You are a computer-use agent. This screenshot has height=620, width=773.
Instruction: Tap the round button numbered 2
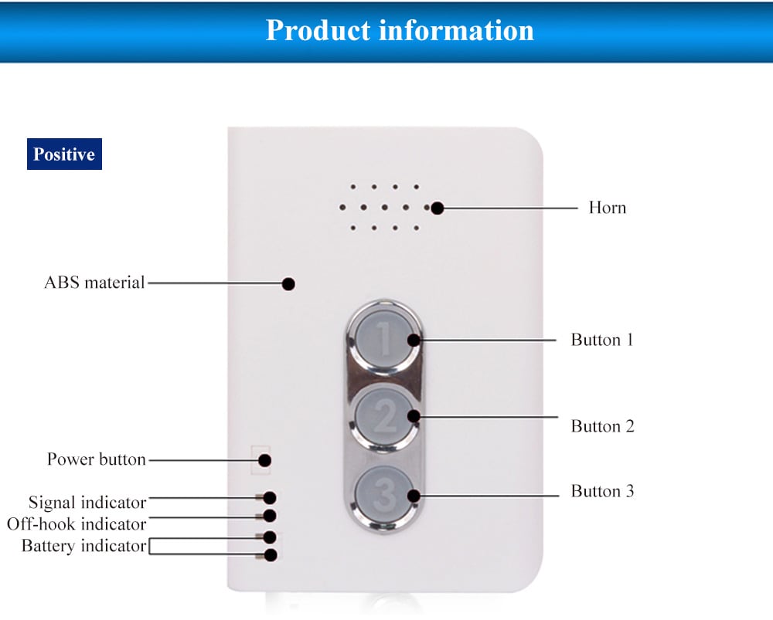click(384, 417)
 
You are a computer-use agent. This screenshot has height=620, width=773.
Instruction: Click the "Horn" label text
click(607, 208)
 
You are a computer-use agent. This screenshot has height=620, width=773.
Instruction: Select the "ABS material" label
click(94, 283)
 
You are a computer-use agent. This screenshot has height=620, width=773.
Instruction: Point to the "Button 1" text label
click(602, 340)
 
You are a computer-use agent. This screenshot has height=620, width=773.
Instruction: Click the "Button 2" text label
click(602, 426)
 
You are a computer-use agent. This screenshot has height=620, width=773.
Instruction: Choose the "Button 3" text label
click(602, 491)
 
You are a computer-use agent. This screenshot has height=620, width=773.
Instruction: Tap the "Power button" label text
click(97, 459)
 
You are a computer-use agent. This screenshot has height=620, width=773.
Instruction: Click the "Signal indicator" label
click(87, 503)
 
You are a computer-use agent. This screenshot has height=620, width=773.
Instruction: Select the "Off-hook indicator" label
click(77, 524)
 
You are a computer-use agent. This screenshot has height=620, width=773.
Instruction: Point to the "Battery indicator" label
click(83, 546)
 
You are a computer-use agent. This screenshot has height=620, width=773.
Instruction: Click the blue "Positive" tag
click(64, 154)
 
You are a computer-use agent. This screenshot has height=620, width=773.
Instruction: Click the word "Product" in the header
click(318, 31)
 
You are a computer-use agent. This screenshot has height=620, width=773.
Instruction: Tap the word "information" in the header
click(456, 31)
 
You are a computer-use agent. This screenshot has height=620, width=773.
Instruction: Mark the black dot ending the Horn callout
click(438, 208)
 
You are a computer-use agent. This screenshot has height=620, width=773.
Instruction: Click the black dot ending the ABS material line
click(288, 284)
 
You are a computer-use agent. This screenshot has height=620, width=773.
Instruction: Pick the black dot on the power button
click(264, 460)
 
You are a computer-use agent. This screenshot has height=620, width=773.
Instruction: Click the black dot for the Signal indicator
click(271, 498)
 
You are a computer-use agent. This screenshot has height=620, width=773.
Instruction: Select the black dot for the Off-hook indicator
click(271, 515)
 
